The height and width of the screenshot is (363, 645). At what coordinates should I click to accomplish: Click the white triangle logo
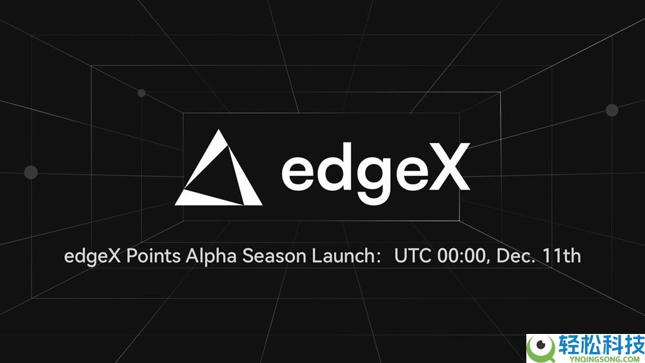click(x=219, y=171)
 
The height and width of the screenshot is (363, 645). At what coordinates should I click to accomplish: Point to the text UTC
click(x=413, y=256)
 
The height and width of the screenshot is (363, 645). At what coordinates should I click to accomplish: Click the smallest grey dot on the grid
click(x=141, y=93)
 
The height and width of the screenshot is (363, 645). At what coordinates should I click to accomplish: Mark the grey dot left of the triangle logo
click(x=30, y=172)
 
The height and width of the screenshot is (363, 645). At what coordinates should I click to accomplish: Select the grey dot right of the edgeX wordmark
click(x=611, y=110)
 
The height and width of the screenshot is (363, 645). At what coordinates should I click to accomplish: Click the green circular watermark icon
click(x=540, y=347)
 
